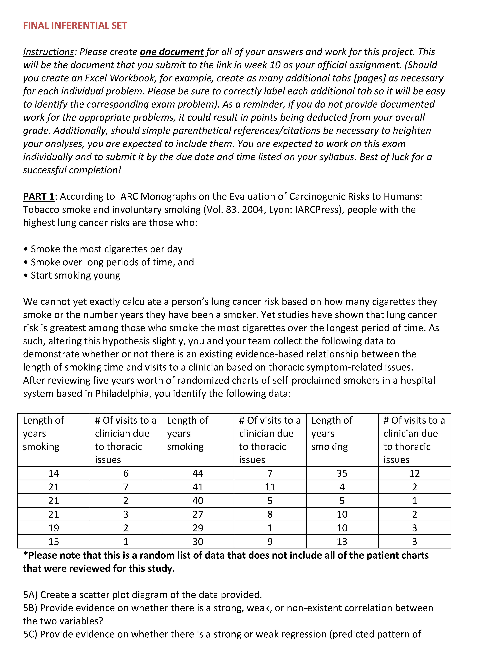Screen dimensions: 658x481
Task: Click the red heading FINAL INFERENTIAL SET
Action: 75,26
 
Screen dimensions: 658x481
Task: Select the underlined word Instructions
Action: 48,52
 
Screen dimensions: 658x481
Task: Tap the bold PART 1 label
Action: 38,197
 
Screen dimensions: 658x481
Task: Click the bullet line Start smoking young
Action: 75,275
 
